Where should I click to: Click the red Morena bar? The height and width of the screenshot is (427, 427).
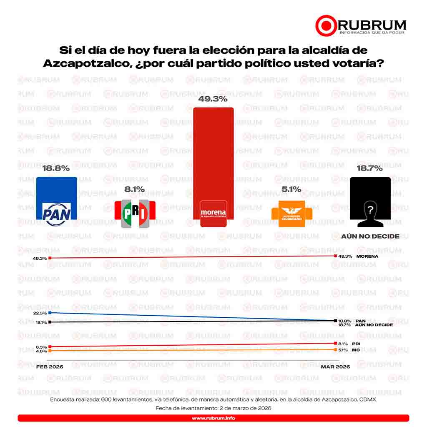click(213, 158)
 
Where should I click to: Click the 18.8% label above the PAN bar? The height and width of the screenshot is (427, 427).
click(56, 168)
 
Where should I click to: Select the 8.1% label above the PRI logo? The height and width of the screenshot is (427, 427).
click(134, 189)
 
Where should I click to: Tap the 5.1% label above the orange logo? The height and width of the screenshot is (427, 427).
click(291, 189)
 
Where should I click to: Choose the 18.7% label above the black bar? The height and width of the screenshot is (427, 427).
click(370, 168)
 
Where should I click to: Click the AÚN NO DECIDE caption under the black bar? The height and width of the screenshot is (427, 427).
click(370, 236)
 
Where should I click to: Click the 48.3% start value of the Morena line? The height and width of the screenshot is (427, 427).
click(40, 259)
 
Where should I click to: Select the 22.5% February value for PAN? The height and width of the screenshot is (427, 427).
click(40, 313)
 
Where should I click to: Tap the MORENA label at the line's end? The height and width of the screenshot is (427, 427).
click(367, 256)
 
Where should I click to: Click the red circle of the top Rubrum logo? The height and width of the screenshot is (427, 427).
click(326, 25)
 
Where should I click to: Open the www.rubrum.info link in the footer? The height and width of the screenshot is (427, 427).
click(213, 418)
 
